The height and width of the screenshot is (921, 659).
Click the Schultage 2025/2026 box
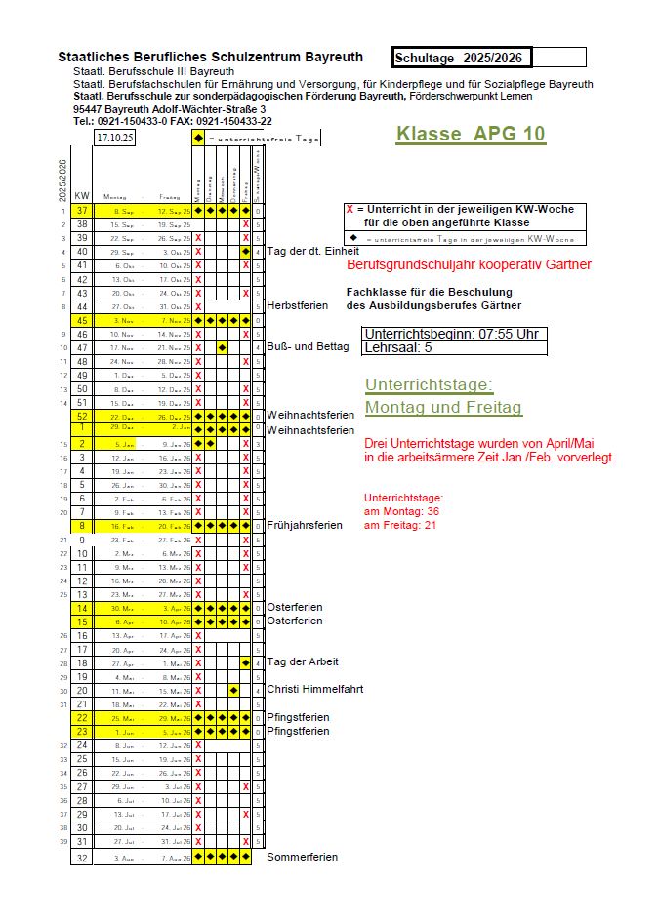point(488,58)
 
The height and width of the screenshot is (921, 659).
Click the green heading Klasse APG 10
point(471,135)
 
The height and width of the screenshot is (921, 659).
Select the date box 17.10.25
point(115,138)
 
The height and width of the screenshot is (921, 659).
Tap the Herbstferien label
point(297,305)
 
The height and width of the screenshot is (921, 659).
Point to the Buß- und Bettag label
point(308,346)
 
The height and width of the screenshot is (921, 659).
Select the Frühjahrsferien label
point(305,525)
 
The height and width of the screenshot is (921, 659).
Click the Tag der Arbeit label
point(303,661)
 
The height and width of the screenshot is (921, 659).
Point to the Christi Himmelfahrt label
point(314,689)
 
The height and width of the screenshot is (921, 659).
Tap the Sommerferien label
point(303,857)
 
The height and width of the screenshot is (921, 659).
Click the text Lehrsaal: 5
point(397,346)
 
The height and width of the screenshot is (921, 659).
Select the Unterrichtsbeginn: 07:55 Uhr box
point(451,333)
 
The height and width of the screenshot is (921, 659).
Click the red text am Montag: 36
point(401,511)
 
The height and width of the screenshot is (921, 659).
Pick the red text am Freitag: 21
point(400,526)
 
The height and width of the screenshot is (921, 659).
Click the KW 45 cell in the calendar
point(82,320)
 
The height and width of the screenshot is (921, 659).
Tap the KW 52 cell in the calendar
point(82,416)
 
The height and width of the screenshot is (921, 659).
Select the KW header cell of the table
point(82,196)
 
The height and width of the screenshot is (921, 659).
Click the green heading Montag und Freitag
point(443,407)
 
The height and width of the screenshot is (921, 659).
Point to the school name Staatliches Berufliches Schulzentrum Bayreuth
point(210,58)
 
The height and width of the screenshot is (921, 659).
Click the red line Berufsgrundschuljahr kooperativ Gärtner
point(469,264)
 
